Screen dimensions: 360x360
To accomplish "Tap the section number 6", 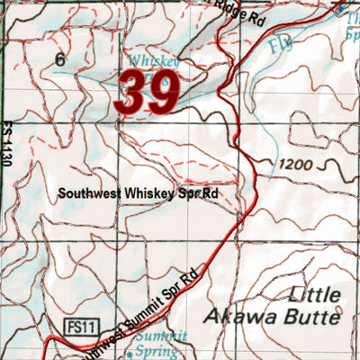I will tap(60, 59).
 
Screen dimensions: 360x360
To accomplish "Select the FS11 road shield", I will tap(80, 323).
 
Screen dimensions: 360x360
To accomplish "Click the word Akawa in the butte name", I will tap(237, 316).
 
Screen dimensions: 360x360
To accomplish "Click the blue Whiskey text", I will tap(153, 60).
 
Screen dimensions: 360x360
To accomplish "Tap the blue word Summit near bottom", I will tap(162, 335).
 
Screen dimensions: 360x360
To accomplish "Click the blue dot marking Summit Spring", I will tap(129, 354).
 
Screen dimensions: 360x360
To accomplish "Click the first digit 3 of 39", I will tap(131, 93).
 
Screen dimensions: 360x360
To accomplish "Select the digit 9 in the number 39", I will tap(166, 93).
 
